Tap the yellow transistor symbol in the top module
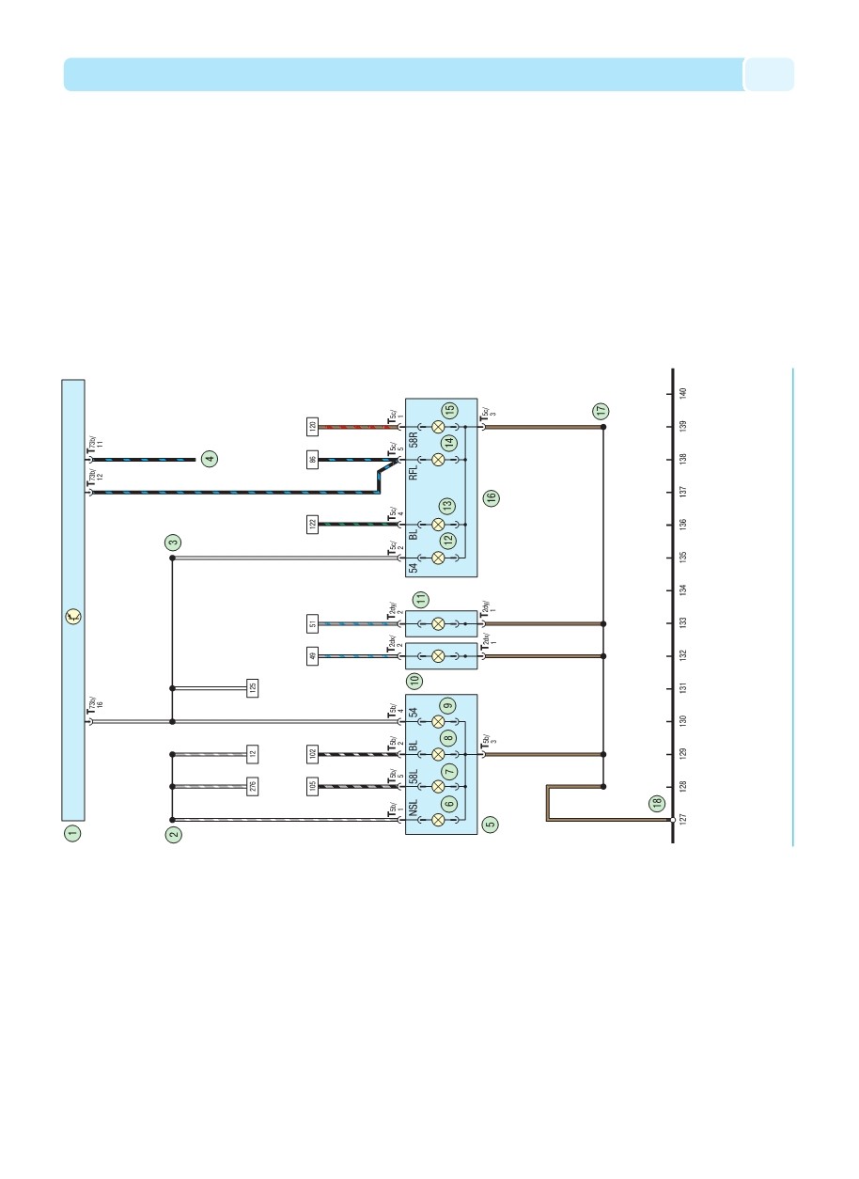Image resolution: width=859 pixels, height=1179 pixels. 73,618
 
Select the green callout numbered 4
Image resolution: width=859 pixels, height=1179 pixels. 210,459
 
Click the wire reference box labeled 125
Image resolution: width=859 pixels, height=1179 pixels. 252,687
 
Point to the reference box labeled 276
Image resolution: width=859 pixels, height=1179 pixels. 252,785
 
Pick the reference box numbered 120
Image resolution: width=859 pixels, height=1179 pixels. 312,426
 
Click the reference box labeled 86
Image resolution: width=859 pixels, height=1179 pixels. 312,460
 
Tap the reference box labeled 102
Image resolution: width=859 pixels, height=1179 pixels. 312,753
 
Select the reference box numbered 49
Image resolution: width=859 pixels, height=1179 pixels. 312,656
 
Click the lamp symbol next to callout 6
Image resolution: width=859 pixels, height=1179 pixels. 438,819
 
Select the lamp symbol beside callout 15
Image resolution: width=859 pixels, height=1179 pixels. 438,427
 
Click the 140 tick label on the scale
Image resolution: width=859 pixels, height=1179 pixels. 683,393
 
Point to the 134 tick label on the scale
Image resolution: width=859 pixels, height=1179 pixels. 683,589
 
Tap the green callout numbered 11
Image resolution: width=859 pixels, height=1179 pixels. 422,598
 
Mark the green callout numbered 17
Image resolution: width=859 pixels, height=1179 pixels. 600,411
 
